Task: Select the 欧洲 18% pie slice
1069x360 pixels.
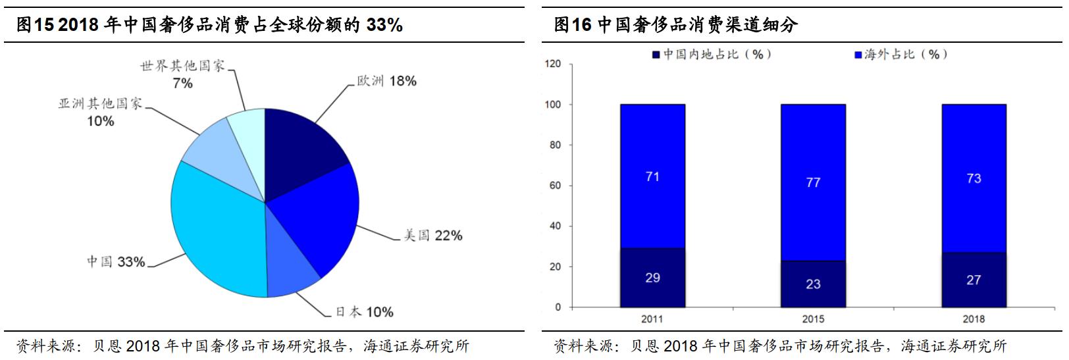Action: [x=300, y=145]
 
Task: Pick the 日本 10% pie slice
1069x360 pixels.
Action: [x=290, y=276]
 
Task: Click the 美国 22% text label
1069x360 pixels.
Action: [x=433, y=236]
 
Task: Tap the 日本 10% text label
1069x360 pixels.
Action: [x=365, y=312]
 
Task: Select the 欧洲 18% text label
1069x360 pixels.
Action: [x=387, y=81]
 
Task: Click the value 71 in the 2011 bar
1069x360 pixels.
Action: [x=652, y=176]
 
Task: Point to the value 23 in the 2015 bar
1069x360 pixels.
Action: [x=813, y=284]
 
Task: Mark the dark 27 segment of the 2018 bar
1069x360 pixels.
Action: [x=974, y=280]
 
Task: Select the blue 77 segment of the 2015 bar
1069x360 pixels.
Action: [x=813, y=182]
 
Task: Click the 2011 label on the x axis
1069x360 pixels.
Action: [x=652, y=319]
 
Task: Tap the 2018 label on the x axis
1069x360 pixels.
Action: [x=974, y=319]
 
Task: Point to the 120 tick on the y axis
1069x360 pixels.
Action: [x=553, y=64]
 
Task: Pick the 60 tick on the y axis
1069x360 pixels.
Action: [x=555, y=186]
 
